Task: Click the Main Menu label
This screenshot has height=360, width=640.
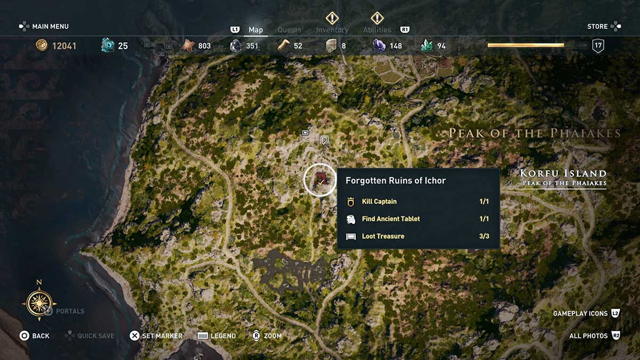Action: tap(50, 26)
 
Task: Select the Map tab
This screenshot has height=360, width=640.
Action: tap(255, 30)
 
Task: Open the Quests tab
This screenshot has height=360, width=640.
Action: tap(290, 30)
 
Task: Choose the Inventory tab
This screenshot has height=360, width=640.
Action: tap(332, 30)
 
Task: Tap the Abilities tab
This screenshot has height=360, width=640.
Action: tap(377, 30)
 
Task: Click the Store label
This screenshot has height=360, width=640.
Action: tap(597, 26)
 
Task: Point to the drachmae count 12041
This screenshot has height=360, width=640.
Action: tap(64, 46)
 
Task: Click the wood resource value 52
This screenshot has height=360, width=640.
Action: tap(298, 46)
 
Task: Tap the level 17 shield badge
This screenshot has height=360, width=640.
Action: tap(598, 46)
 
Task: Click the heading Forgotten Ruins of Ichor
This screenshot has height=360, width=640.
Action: tap(396, 180)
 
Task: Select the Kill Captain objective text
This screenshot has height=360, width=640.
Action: tap(379, 202)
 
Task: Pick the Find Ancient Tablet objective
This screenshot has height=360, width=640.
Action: tap(390, 219)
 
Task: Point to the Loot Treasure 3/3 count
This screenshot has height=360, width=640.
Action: tap(484, 236)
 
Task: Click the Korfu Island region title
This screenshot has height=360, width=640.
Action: tap(563, 173)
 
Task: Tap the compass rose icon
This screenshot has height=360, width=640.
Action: tap(39, 304)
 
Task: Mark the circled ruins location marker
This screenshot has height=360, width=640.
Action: tap(320, 180)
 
